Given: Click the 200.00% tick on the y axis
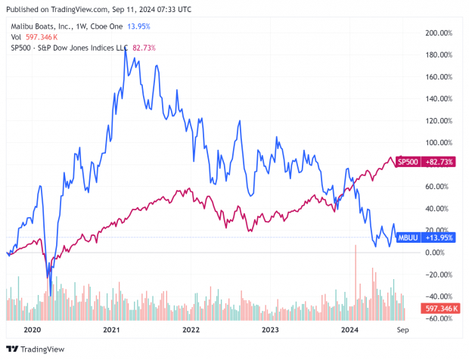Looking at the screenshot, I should [439, 33].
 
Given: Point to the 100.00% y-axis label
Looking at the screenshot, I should [439, 143].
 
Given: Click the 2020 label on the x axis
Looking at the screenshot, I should [32, 330].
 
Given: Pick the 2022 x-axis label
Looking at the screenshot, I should [191, 330].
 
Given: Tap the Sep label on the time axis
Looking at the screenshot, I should [402, 330].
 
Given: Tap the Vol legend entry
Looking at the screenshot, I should [16, 37].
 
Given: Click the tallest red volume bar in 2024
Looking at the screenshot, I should [355, 246].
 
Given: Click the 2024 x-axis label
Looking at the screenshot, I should [350, 330].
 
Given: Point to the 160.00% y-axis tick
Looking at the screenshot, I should [439, 77].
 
